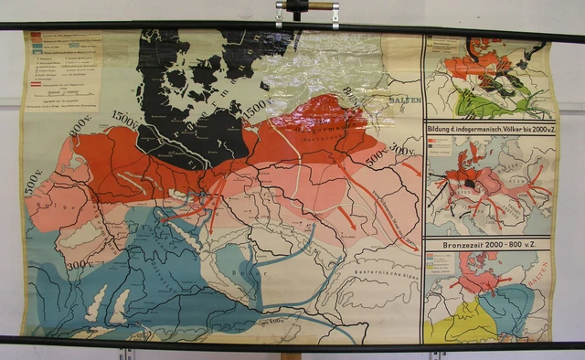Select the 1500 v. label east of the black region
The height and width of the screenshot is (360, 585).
tap(257, 111)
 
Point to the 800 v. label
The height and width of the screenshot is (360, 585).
tap(81, 122)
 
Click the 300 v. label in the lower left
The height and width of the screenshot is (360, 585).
tap(79, 263)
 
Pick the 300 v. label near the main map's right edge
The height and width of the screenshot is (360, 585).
tap(399, 149)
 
